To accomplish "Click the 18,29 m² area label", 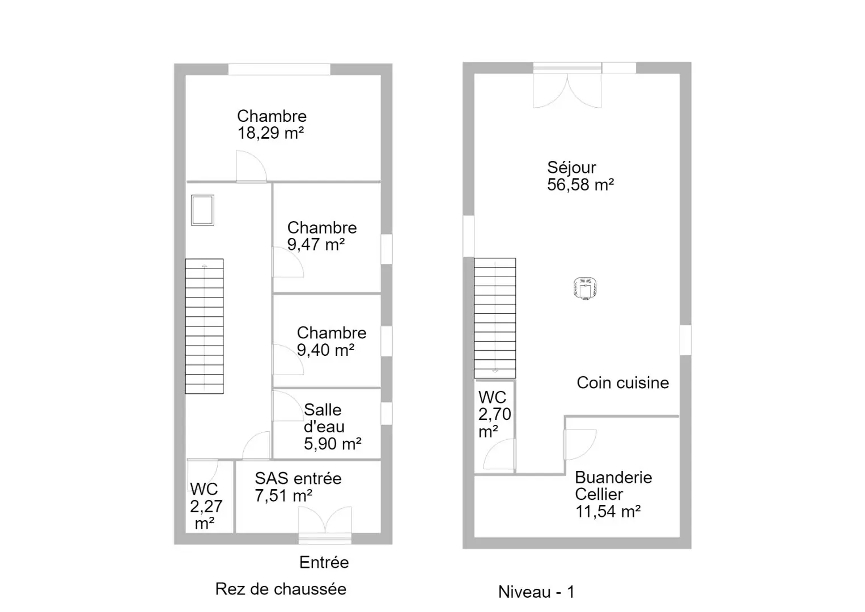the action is tap(270, 133).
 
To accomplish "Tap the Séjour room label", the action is tap(571, 168).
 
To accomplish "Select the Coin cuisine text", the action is tap(622, 382).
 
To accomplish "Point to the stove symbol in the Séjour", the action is tap(585, 288).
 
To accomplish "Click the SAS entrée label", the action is tap(298, 478).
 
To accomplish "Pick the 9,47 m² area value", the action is tap(316, 244).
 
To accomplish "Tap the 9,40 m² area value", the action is tap(325, 350).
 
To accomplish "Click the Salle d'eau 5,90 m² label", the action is tap(333, 427).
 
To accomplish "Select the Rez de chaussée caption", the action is tap(281, 589).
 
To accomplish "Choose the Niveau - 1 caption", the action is tap(536, 592).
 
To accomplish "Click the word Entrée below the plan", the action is tap(324, 562).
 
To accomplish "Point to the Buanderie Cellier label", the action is tap(613, 486).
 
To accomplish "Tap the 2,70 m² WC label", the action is tap(494, 414).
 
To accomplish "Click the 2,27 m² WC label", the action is tap(206, 506).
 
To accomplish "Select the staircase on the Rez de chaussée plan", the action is tap(204, 326).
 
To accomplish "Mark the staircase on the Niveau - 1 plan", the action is tap(495, 318).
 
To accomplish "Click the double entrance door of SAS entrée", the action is tap(325, 521).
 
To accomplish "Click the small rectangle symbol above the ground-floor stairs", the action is tap(202, 210).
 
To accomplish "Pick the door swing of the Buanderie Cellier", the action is tap(580, 444).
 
